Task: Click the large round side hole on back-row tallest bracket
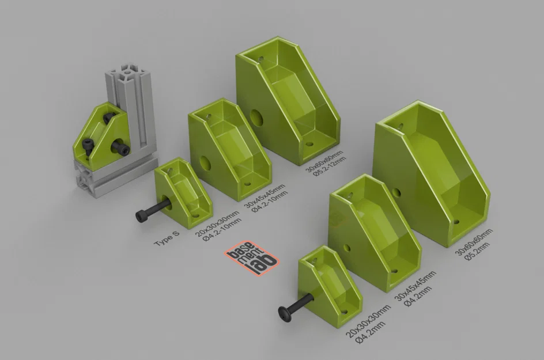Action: [257, 119]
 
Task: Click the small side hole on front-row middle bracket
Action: [347, 248]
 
